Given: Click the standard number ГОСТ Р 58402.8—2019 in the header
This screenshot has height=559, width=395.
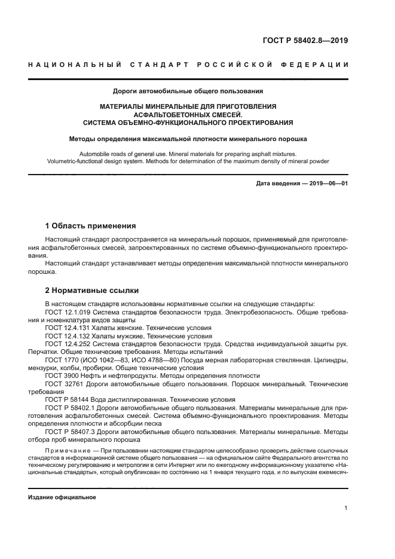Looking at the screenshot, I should coord(305,41).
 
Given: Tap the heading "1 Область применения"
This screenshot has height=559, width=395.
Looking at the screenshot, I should coord(91,226).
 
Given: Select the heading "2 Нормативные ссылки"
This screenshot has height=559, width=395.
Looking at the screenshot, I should coord(92,291).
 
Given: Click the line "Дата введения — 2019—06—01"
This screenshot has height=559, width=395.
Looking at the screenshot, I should coord(302,183).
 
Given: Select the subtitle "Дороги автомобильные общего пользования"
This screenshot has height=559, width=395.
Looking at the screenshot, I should coord(188,91).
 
